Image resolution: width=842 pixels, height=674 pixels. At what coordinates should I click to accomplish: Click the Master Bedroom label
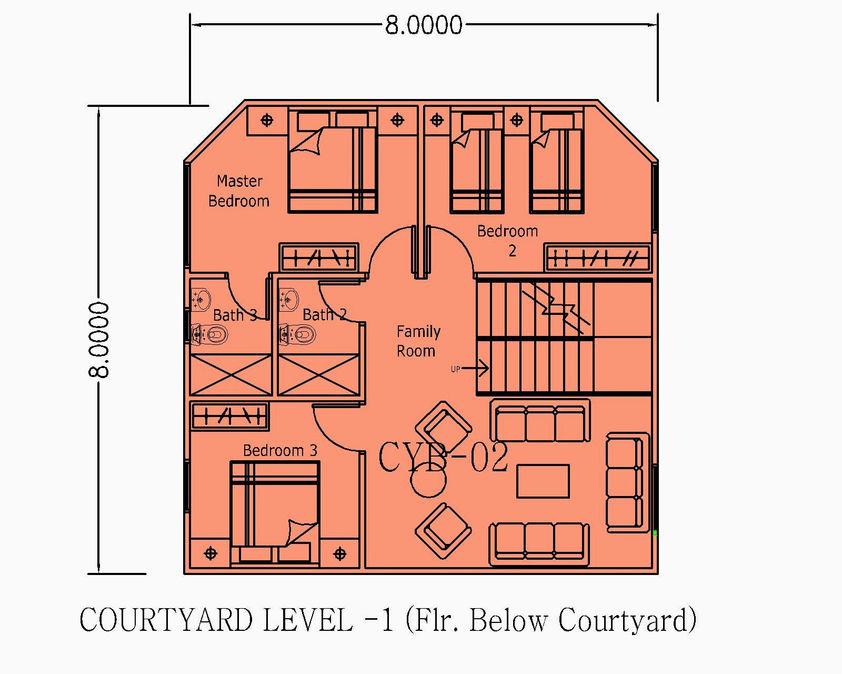pyautogui.click(x=239, y=191)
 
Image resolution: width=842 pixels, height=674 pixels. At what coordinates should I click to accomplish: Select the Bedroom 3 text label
pyautogui.click(x=280, y=451)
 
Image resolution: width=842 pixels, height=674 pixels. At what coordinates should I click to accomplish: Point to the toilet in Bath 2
pyautogui.click(x=298, y=334)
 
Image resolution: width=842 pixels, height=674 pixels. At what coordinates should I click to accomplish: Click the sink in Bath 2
pyautogui.click(x=288, y=299)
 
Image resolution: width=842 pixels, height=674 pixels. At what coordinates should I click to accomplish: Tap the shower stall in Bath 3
pyautogui.click(x=231, y=374)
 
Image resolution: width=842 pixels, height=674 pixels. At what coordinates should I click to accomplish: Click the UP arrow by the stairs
pyautogui.click(x=474, y=369)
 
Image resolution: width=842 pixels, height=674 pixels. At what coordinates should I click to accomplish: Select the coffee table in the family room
pyautogui.click(x=543, y=481)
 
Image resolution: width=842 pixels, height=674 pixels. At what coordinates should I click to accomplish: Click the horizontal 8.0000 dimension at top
pyautogui.click(x=424, y=25)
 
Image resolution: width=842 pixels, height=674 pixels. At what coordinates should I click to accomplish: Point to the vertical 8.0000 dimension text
pyautogui.click(x=99, y=340)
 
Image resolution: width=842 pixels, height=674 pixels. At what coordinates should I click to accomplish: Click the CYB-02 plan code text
pyautogui.click(x=443, y=457)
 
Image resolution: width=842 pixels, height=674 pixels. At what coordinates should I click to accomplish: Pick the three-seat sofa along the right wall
pyautogui.click(x=626, y=482)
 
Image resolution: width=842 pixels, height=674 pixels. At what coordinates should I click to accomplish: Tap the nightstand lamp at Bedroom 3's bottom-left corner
pyautogui.click(x=210, y=553)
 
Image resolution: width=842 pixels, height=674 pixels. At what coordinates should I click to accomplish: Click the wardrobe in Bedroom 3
pyautogui.click(x=229, y=416)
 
